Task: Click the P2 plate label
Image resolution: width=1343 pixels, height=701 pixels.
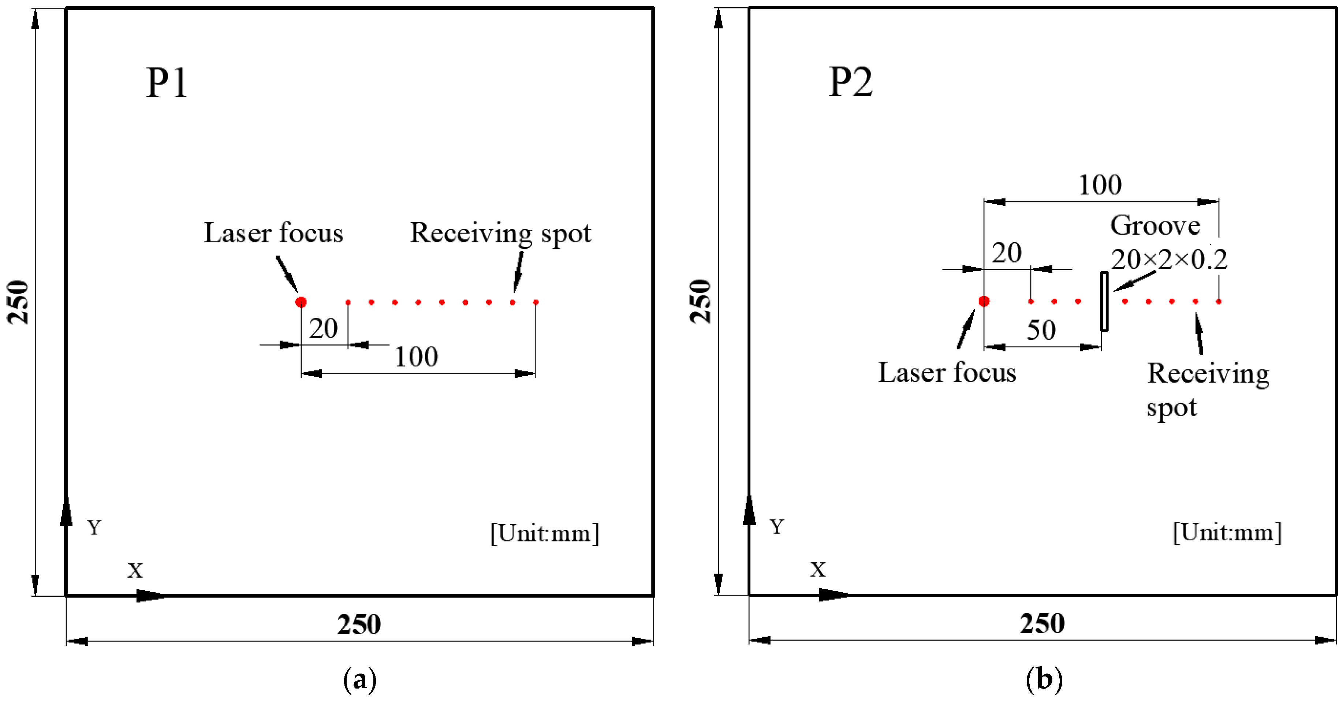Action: pos(850,82)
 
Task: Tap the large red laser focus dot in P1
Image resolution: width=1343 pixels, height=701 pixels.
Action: pos(301,302)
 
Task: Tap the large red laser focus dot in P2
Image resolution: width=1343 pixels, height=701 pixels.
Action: pos(984,301)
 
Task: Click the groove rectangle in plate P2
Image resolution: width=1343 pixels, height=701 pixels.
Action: pos(1104,301)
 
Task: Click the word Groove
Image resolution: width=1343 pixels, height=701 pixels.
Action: pos(1155,226)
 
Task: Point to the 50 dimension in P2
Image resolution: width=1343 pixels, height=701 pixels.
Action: pos(1041,330)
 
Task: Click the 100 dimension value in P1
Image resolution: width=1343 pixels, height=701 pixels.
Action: pos(416,357)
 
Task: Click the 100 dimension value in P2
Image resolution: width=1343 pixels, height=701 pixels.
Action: pos(1100,185)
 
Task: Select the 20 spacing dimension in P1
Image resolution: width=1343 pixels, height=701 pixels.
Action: pos(323,328)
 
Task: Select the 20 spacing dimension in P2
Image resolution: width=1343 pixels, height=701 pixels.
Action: pos(1006,253)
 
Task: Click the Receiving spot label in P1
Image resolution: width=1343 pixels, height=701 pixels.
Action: pos(500,233)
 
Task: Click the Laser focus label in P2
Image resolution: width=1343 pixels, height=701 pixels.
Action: pos(947,373)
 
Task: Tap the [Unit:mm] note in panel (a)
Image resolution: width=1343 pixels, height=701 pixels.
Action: pos(544,533)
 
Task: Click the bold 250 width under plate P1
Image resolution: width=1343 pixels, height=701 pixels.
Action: pos(359,624)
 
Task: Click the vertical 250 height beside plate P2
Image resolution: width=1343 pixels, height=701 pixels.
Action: pos(700,301)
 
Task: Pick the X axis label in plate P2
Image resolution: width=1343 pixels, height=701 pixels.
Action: pos(817,570)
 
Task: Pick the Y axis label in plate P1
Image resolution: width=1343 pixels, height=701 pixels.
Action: pos(94,527)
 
